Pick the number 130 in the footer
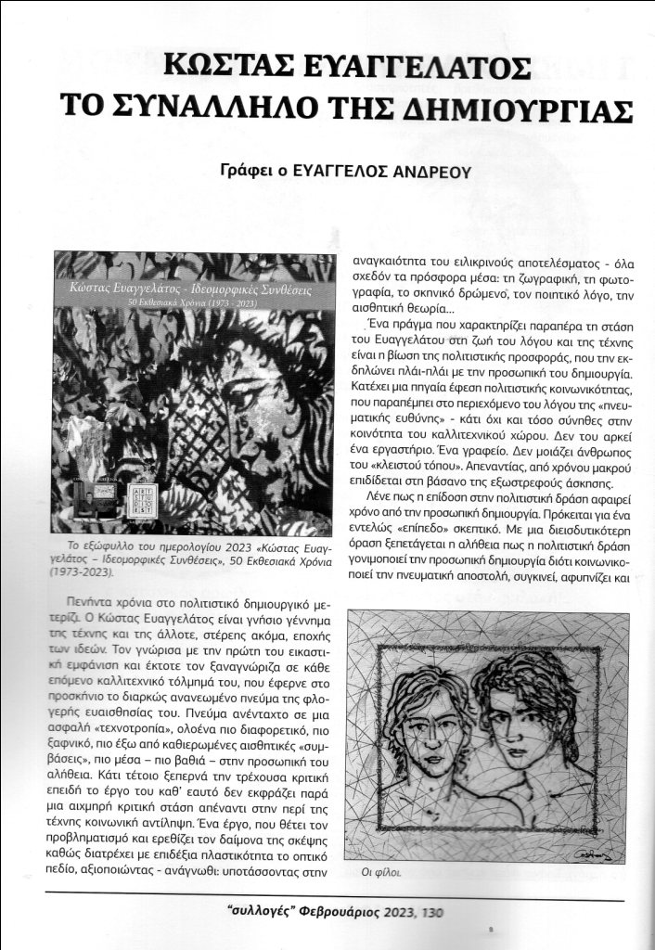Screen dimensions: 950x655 coord(431,913)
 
